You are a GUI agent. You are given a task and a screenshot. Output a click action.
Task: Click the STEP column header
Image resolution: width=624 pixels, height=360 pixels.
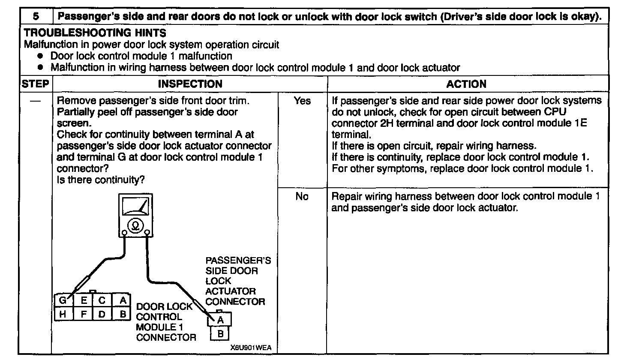point(35,84)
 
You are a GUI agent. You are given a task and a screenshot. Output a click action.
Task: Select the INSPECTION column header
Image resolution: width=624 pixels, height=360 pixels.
point(190,84)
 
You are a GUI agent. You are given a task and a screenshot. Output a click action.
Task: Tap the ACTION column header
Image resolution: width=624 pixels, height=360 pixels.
point(466,84)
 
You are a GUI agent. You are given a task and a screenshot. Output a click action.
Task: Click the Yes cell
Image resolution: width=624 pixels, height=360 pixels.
point(302,102)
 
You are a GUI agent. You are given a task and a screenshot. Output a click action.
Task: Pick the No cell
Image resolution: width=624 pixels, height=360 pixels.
point(302,198)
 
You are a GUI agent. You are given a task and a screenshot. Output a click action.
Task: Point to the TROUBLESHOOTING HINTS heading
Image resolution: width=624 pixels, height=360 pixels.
point(95,33)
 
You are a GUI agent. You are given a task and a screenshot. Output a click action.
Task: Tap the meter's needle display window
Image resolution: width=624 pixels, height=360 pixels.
point(135,207)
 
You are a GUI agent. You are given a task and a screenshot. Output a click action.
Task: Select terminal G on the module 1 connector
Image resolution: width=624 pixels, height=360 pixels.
point(63,300)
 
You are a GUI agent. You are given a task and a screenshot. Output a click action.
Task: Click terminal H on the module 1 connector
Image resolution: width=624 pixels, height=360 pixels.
point(63,314)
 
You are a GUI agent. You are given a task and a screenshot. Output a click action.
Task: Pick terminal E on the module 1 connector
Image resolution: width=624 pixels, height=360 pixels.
point(84,300)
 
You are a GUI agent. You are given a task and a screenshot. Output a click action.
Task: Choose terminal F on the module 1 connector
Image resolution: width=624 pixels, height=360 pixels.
point(84,314)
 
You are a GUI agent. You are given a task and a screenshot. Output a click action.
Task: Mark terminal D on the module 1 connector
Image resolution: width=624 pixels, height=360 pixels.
point(102,314)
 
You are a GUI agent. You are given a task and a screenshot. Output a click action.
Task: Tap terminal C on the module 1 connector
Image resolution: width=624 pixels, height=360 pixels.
point(102,300)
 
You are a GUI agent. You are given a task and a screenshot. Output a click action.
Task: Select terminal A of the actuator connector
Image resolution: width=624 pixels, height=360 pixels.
point(220,320)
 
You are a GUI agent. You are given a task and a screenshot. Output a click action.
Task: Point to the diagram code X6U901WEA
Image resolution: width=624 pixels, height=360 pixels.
point(250,348)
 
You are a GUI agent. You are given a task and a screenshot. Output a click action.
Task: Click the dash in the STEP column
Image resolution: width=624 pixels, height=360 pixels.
point(35,102)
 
